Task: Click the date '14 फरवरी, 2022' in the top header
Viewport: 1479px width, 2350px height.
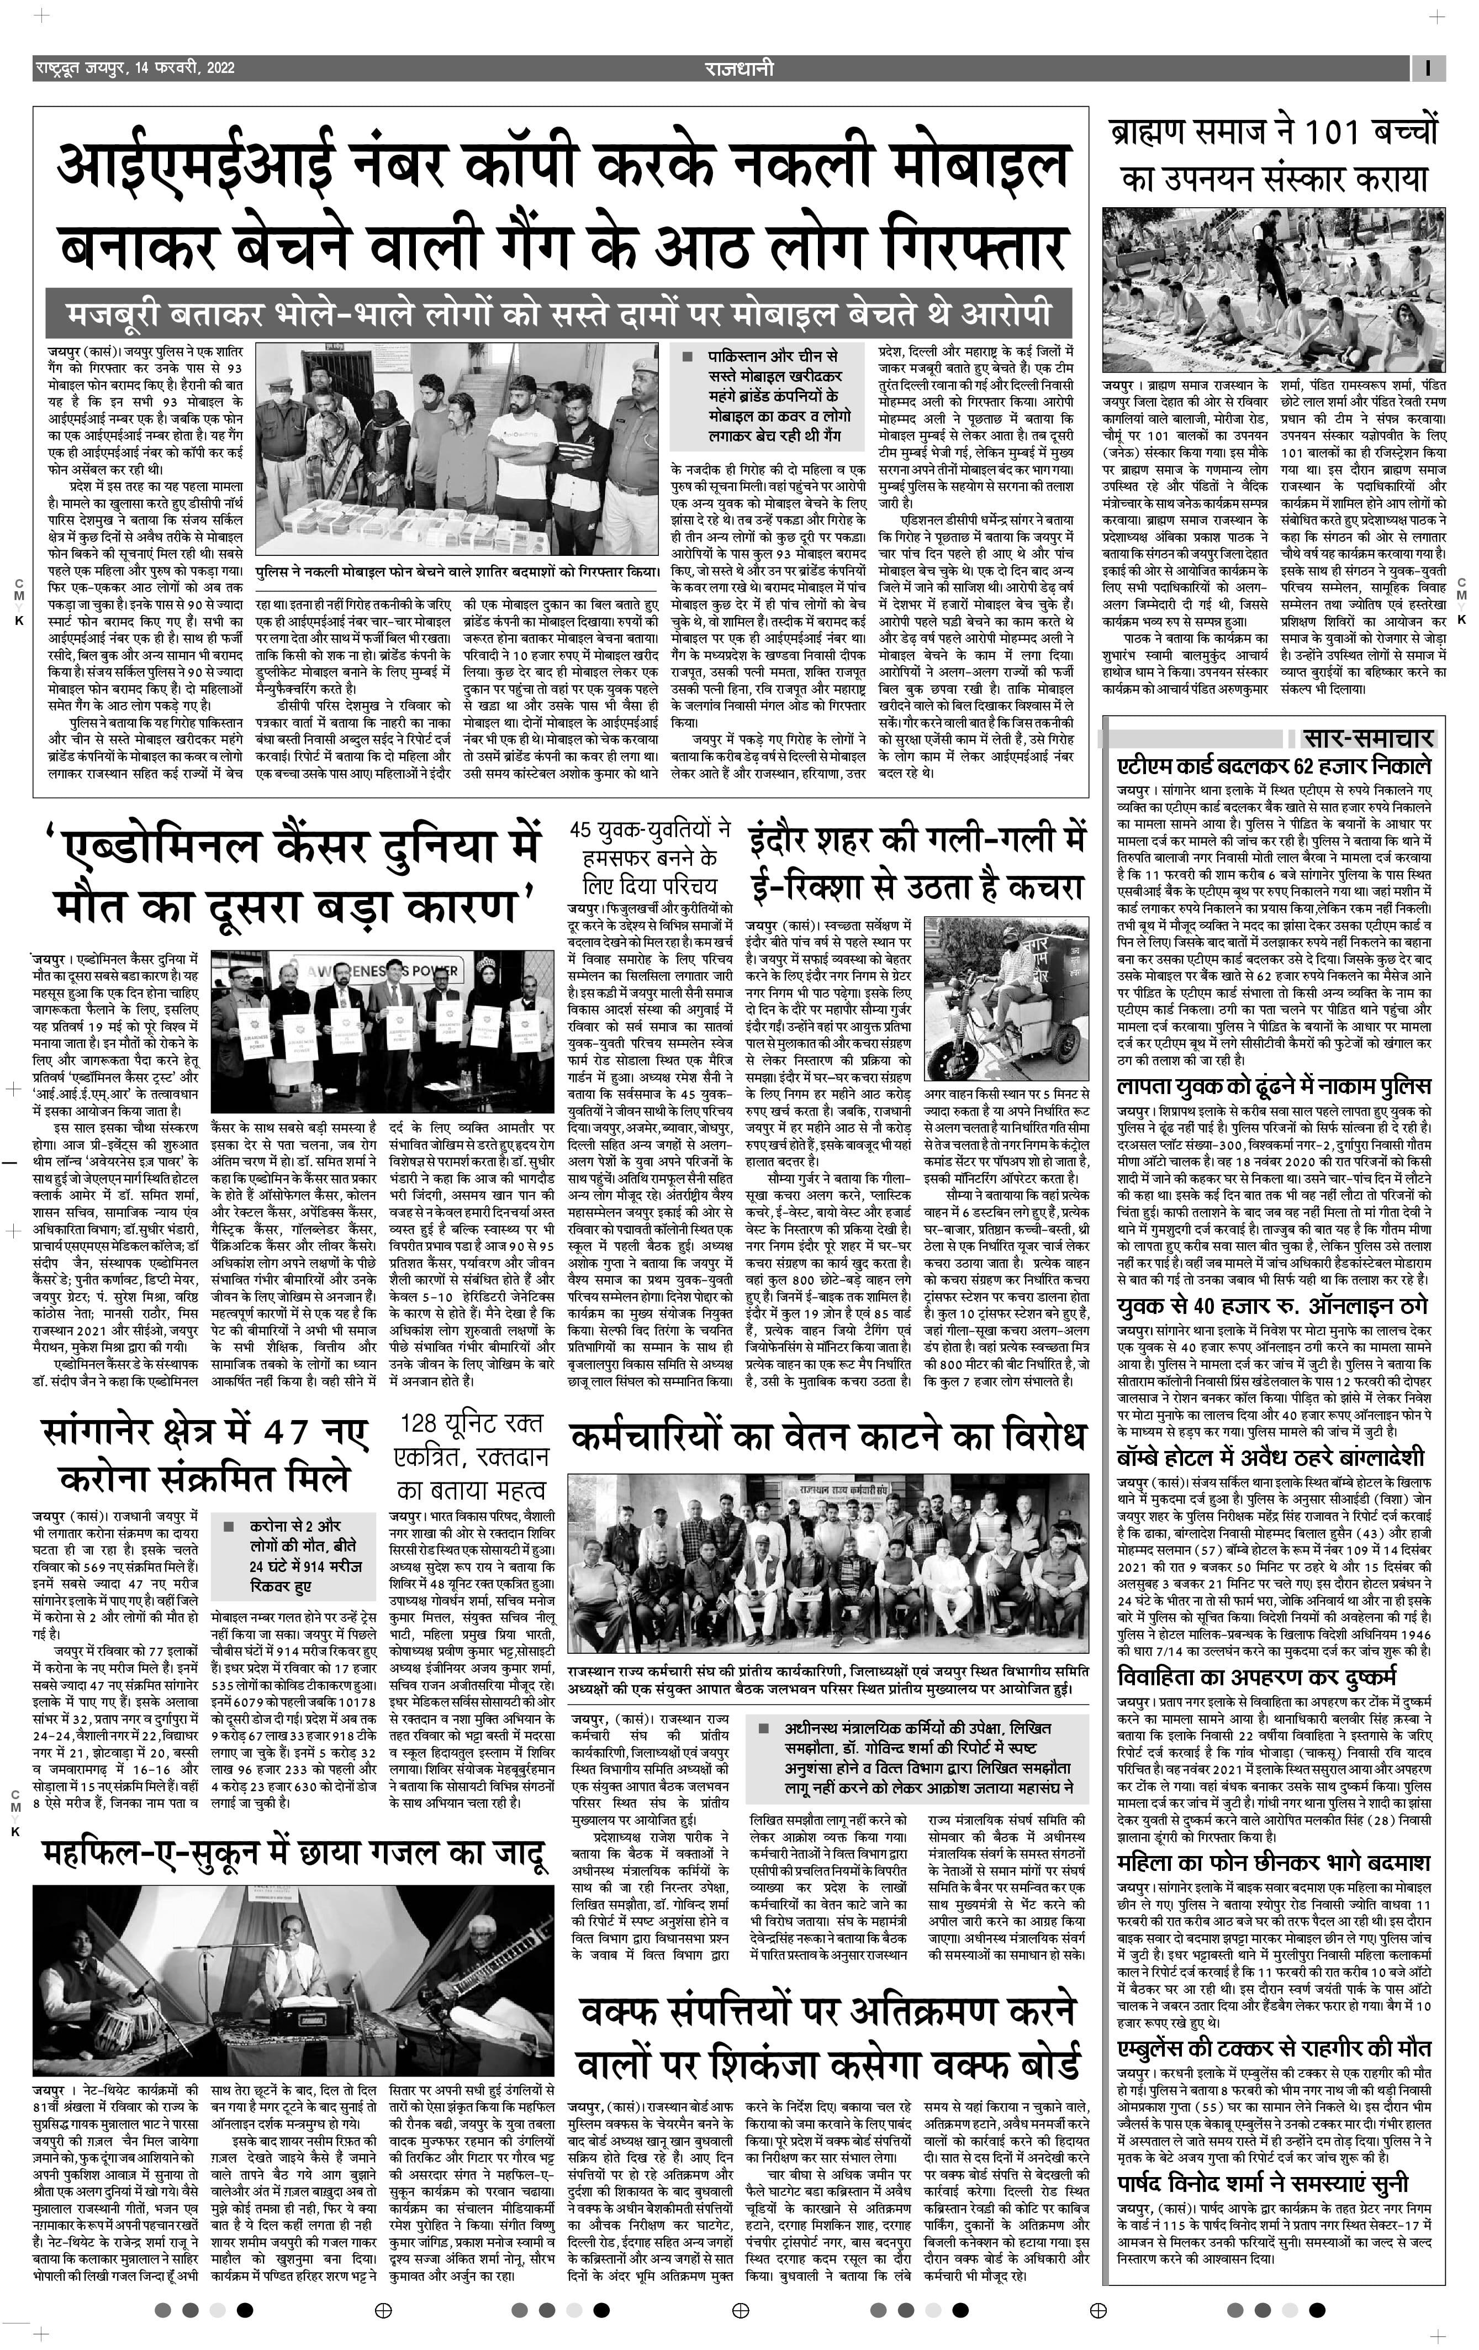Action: [x=186, y=69]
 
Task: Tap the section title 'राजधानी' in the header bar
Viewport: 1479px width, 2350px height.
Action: [x=738, y=69]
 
